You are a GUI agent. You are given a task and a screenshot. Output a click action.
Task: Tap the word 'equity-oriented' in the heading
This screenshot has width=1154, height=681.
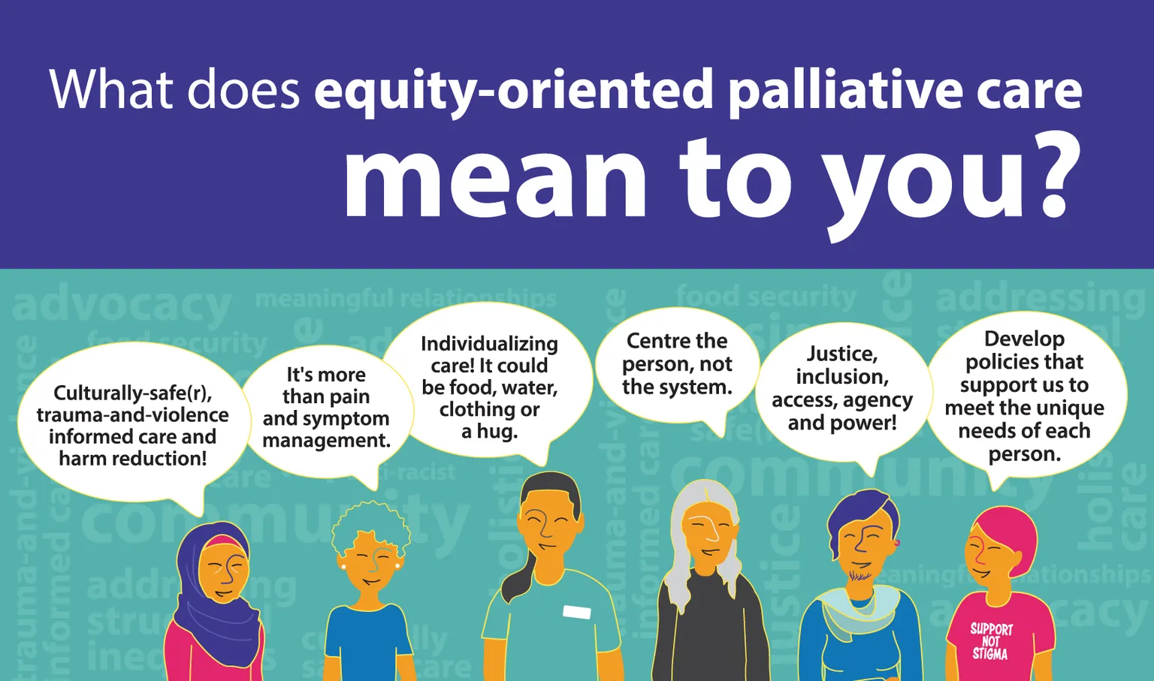(513, 90)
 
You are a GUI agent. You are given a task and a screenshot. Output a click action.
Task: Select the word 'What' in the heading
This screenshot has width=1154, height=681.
(111, 90)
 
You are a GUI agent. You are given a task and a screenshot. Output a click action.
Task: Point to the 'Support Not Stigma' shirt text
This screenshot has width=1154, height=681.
(991, 641)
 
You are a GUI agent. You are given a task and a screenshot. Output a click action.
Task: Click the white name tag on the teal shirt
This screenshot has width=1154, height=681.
(576, 612)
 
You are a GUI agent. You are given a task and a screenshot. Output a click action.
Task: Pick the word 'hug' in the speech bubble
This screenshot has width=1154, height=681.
(498, 432)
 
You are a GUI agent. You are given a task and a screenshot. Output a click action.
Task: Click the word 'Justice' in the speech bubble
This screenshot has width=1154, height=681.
(841, 354)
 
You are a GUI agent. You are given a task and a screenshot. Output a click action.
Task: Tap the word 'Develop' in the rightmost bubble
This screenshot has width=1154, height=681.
(1024, 339)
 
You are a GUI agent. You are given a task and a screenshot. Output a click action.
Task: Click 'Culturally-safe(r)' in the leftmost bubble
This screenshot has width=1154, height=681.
(132, 393)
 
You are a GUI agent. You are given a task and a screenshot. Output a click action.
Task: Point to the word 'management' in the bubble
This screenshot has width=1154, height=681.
(326, 441)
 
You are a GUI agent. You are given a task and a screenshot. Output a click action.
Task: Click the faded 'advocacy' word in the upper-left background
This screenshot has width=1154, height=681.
(122, 306)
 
